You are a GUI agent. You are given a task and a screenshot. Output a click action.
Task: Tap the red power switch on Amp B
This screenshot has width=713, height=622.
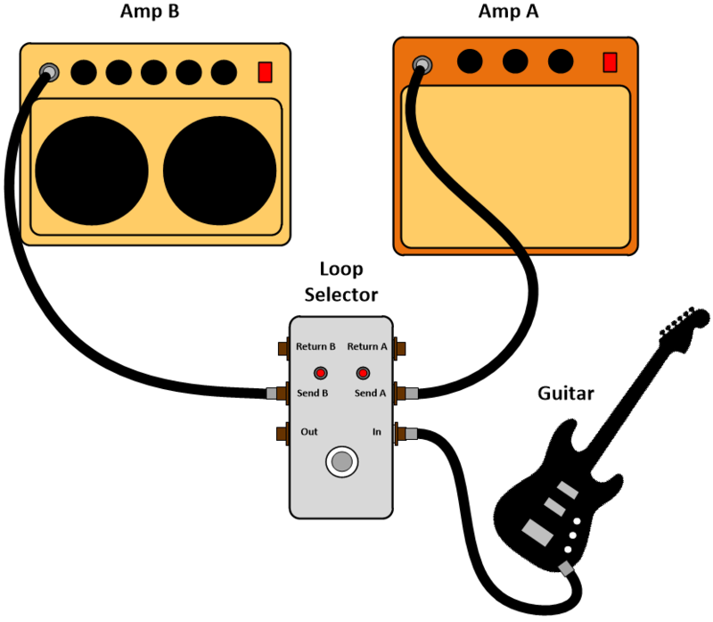click(x=265, y=72)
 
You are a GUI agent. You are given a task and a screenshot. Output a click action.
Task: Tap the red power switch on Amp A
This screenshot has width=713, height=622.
click(x=610, y=62)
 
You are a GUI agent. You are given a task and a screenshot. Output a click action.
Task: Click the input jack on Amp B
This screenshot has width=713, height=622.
click(x=49, y=71)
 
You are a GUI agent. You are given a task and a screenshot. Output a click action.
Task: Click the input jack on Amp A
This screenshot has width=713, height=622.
click(x=422, y=63)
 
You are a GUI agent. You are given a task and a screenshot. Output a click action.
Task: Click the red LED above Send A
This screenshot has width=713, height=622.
click(x=363, y=372)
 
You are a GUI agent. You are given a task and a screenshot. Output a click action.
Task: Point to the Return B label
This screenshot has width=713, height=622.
click(x=316, y=346)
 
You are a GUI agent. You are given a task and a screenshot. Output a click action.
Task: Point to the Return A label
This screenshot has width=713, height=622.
click(x=366, y=346)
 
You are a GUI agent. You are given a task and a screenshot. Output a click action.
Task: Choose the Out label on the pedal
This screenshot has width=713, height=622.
click(x=309, y=432)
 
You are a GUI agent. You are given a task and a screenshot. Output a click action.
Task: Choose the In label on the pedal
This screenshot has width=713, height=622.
click(x=378, y=432)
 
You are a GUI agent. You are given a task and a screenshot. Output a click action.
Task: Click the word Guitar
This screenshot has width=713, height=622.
click(x=567, y=393)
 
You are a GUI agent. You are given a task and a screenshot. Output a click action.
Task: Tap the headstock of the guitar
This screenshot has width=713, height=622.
click(x=684, y=323)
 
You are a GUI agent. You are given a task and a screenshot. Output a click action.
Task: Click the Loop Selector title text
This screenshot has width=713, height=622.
click(x=341, y=281)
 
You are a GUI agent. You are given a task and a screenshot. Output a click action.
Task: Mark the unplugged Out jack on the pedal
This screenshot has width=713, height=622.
click(x=282, y=434)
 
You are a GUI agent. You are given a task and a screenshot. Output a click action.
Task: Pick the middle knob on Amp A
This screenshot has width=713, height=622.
click(x=514, y=61)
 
